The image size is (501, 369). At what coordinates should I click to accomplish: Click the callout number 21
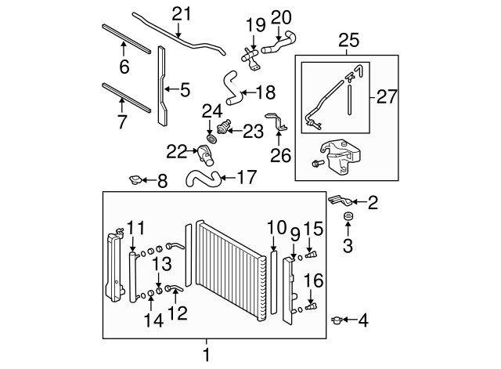tap(181, 13)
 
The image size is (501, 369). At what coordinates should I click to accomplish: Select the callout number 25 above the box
tap(345, 39)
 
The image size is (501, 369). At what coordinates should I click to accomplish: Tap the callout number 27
tap(387, 96)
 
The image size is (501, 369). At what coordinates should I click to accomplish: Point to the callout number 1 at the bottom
tap(207, 355)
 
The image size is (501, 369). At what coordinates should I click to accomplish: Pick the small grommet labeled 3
tap(348, 216)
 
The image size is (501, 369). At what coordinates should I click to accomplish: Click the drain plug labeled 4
tap(337, 319)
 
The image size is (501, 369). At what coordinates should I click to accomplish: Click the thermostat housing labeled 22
tap(207, 153)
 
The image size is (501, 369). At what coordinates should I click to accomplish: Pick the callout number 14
tap(151, 320)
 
